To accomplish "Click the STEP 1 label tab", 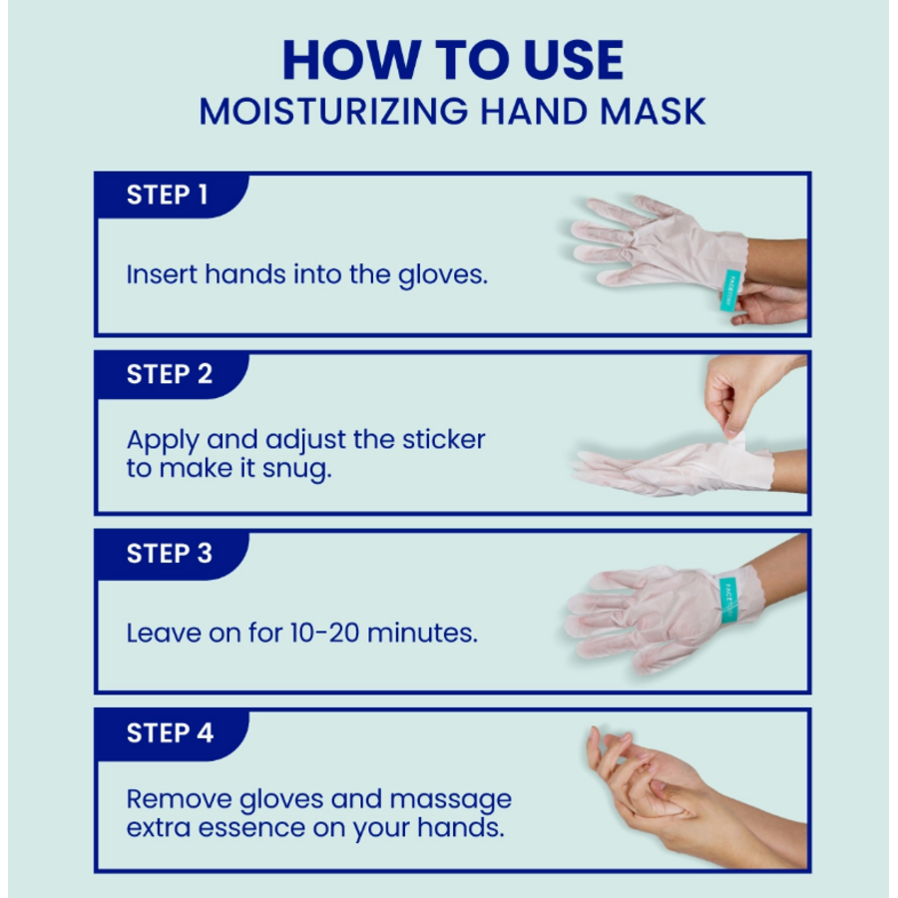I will (167, 195).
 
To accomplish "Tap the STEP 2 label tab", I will (169, 374).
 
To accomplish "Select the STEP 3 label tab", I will (169, 554).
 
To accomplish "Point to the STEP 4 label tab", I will (169, 733).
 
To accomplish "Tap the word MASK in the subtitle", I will (653, 112).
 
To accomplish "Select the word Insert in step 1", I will (162, 274).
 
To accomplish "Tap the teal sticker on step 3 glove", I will (727, 599).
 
